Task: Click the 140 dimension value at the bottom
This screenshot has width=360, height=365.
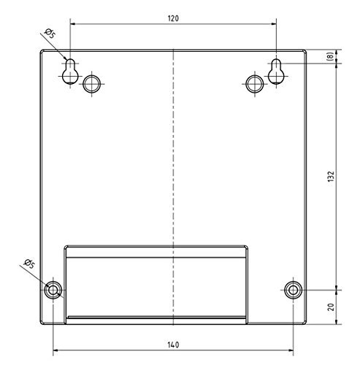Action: [173, 344]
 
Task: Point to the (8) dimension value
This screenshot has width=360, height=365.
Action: [331, 56]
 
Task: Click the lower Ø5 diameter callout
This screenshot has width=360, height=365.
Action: [30, 264]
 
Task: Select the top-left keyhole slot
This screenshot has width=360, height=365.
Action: [69, 70]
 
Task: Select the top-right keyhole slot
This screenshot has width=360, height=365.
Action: [277, 70]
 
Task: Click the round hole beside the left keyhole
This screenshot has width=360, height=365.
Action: [91, 83]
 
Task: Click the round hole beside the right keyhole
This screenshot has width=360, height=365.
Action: [254, 83]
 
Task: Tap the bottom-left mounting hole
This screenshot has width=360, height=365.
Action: [53, 290]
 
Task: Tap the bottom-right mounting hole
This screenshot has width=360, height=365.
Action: [294, 290]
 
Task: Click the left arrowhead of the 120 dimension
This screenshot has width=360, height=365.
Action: [73, 24]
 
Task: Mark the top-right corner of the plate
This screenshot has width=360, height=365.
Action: [306, 50]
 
